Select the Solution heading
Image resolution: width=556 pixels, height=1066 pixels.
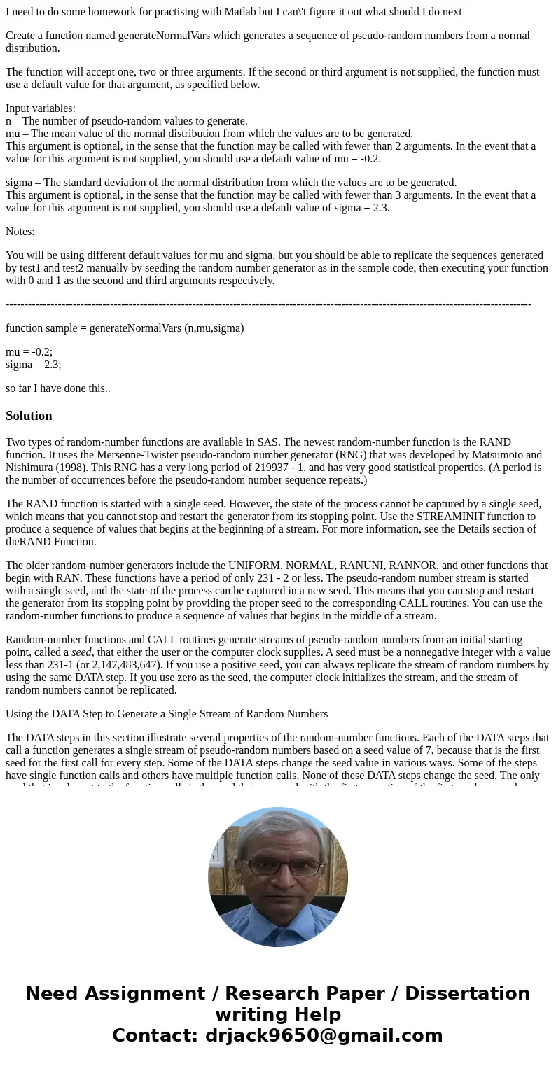click(x=29, y=416)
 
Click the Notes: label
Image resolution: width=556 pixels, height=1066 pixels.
click(x=20, y=232)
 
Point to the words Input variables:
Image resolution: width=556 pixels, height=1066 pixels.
click(x=41, y=108)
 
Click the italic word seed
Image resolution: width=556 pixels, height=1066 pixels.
click(x=81, y=652)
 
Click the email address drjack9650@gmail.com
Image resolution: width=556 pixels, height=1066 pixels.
click(x=324, y=1036)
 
